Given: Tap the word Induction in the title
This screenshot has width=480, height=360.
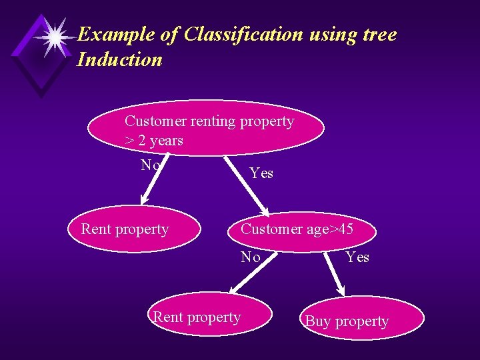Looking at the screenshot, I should click(x=119, y=60).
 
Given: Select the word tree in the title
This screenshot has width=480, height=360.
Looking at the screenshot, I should click(x=377, y=35).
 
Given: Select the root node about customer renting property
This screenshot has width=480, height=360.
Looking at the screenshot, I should click(x=206, y=128).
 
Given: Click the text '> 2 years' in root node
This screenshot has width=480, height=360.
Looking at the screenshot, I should click(x=153, y=141).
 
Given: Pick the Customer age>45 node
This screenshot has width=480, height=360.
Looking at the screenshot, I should click(x=299, y=230).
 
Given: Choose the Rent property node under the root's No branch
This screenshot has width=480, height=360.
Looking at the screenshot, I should click(x=134, y=230).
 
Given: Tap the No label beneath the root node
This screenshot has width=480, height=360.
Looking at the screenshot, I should click(x=150, y=165).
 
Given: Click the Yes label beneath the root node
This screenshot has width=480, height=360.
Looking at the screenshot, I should click(x=261, y=173).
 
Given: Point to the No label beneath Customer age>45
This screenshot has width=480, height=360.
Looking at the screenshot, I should click(x=251, y=257).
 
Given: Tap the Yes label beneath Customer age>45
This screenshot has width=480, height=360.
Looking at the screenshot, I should click(x=357, y=257).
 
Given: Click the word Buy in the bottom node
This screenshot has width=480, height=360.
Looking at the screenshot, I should click(x=317, y=321).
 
